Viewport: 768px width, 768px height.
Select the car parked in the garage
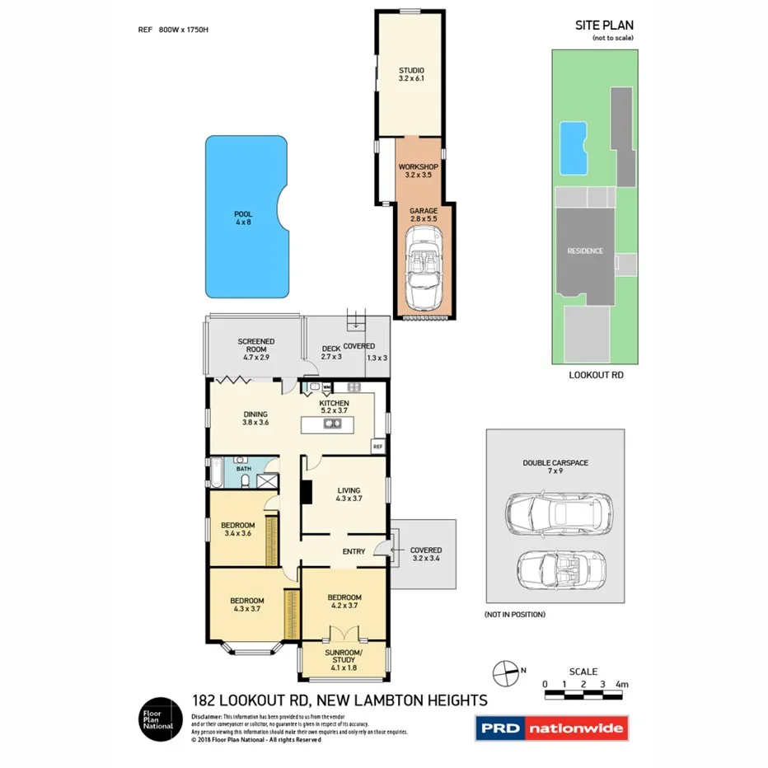[424, 266]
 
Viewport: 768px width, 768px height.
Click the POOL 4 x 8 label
[243, 218]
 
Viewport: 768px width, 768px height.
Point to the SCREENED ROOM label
[256, 346]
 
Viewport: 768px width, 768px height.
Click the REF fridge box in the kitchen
[378, 446]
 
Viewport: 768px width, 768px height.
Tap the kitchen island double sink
[332, 424]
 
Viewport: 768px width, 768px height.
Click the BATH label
[244, 469]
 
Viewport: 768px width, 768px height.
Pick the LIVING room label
[349, 494]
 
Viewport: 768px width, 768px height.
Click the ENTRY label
[353, 551]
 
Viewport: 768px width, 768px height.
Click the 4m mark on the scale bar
[622, 684]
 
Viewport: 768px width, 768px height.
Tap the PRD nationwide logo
[551, 728]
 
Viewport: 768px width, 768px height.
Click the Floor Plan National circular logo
[158, 719]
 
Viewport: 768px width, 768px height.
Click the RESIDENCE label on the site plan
[584, 251]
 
